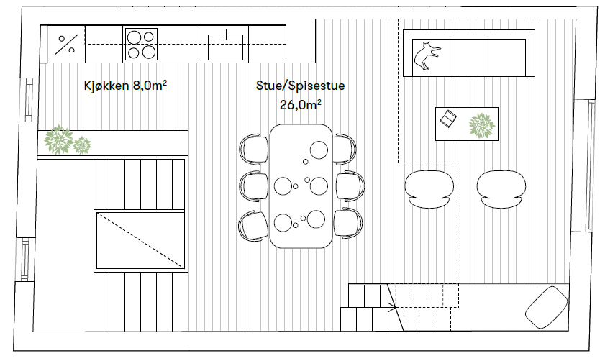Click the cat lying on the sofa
[427, 56]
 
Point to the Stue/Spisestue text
[300, 86]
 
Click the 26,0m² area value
[300, 104]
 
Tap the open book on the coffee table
[448, 119]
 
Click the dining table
[301, 186]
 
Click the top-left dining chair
[253, 148]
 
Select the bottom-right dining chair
[349, 224]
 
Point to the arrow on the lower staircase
[393, 308]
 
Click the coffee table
[467, 124]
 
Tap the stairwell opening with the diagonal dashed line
[141, 240]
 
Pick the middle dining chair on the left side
[253, 186]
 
